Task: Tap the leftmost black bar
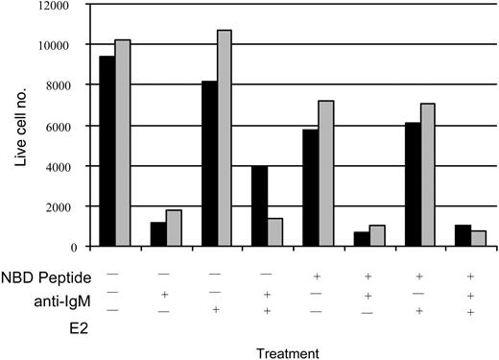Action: tap(107, 152)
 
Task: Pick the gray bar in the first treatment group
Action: tap(123, 143)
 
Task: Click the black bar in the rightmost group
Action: tap(460, 236)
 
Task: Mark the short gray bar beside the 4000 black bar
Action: tap(274, 232)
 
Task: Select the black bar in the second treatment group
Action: tap(158, 234)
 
